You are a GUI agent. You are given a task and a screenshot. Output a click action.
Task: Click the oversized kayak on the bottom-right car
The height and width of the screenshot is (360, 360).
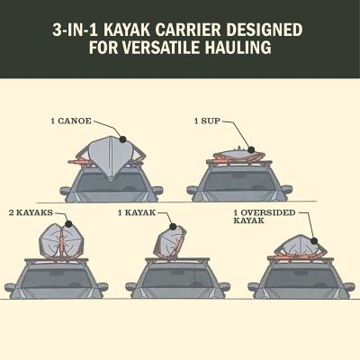[293, 247]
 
